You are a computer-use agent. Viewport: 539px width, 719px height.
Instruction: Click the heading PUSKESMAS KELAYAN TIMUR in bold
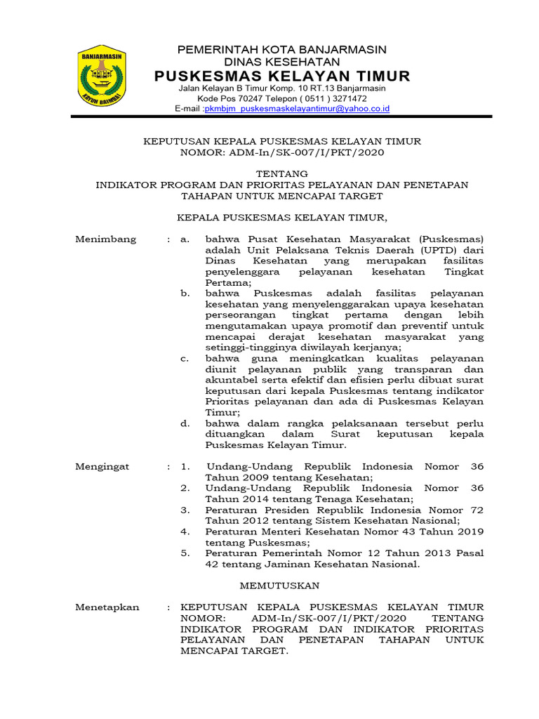click(x=282, y=76)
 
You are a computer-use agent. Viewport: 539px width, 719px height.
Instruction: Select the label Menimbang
click(x=105, y=239)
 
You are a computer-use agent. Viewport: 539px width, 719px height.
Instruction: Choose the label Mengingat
click(x=102, y=467)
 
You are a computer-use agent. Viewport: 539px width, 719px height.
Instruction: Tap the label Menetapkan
click(x=107, y=607)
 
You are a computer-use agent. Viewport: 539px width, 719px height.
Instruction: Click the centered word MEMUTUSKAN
click(x=279, y=585)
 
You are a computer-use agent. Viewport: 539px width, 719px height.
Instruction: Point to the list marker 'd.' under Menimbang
click(x=185, y=423)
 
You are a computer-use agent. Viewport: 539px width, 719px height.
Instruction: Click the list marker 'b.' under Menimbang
click(x=185, y=293)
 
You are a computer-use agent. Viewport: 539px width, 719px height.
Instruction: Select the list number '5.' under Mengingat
click(x=185, y=553)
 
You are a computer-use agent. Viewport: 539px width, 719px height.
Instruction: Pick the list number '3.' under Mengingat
click(x=185, y=510)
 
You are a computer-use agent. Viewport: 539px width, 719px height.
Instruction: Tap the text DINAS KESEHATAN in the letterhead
click(x=281, y=62)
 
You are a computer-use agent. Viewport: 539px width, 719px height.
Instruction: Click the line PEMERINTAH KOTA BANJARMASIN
click(x=281, y=49)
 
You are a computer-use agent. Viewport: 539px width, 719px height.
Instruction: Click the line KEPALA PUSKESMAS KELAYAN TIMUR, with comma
click(x=281, y=217)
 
